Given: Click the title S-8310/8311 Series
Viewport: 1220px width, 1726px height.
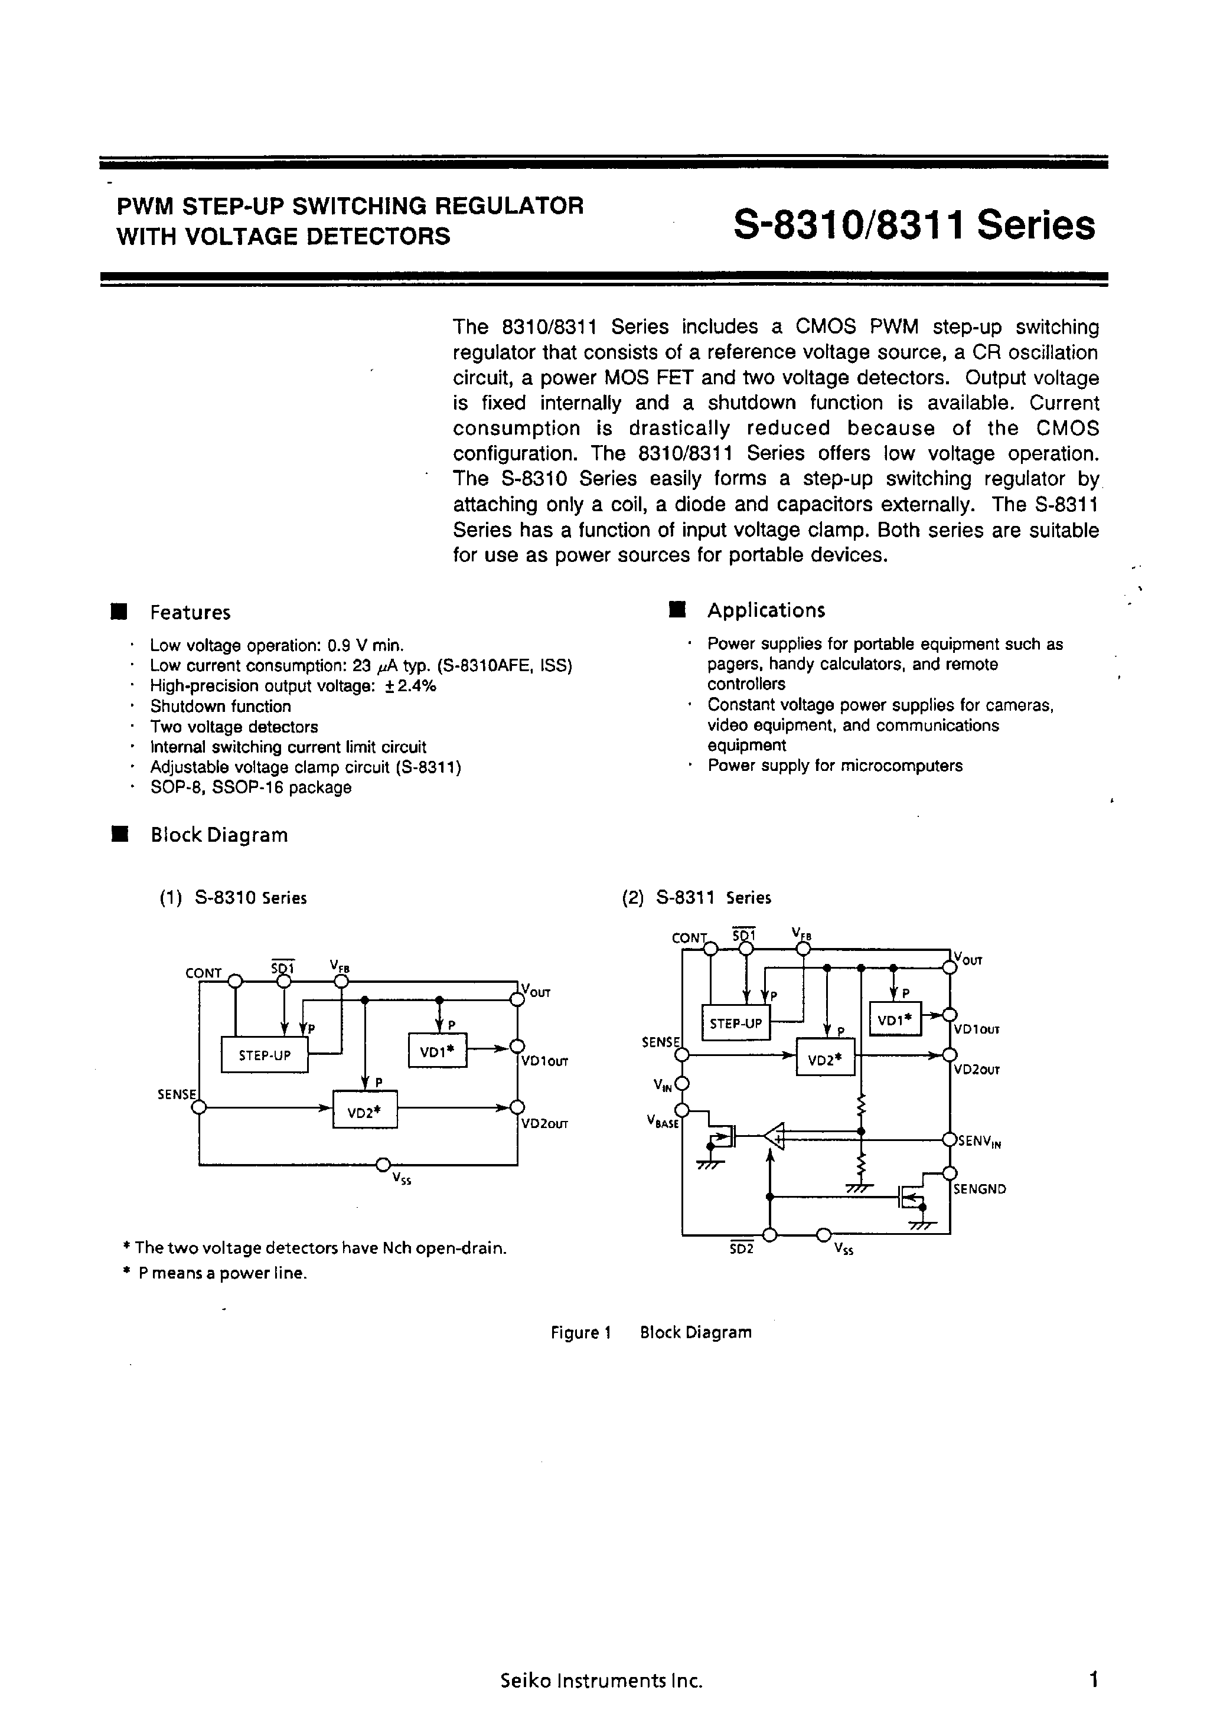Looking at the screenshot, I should coord(914,225).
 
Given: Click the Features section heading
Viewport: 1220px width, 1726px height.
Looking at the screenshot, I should coord(190,613).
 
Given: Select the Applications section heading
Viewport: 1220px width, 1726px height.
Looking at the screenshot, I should coord(766,610).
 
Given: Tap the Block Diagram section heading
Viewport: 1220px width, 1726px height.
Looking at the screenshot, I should coord(219,835).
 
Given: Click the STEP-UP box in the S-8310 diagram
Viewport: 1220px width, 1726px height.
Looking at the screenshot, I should coord(265,1055).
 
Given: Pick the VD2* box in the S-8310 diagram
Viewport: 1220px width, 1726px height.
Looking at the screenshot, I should coord(365,1109).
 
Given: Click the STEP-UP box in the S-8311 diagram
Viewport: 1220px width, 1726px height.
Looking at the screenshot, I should coord(736,1023).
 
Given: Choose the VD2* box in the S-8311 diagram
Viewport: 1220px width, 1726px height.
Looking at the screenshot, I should coord(825,1060).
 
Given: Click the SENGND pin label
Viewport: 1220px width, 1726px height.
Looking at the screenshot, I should coord(979,1189).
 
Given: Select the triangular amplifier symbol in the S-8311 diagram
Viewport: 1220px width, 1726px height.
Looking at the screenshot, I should coord(775,1135).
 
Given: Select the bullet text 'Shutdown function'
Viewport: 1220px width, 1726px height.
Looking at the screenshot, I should coord(220,707).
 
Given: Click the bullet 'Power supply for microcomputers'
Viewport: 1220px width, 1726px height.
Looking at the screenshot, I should coord(835,766).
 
